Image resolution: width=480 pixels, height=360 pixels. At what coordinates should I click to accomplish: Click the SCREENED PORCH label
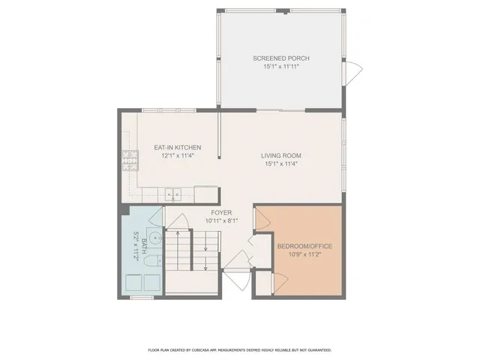281,58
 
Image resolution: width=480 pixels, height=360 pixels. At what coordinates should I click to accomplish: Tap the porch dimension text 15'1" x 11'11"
281,67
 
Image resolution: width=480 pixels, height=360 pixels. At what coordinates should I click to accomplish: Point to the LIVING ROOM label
281,155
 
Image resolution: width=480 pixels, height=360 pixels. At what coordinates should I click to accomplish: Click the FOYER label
220,213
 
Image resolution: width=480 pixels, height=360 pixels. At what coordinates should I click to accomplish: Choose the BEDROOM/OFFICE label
304,246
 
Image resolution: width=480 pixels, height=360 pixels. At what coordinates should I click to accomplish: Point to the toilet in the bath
150,262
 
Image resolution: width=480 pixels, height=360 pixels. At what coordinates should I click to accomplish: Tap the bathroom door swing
156,215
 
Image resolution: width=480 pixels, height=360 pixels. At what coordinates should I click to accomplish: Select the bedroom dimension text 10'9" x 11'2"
304,254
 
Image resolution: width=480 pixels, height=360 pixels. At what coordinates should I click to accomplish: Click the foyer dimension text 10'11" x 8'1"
220,221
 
